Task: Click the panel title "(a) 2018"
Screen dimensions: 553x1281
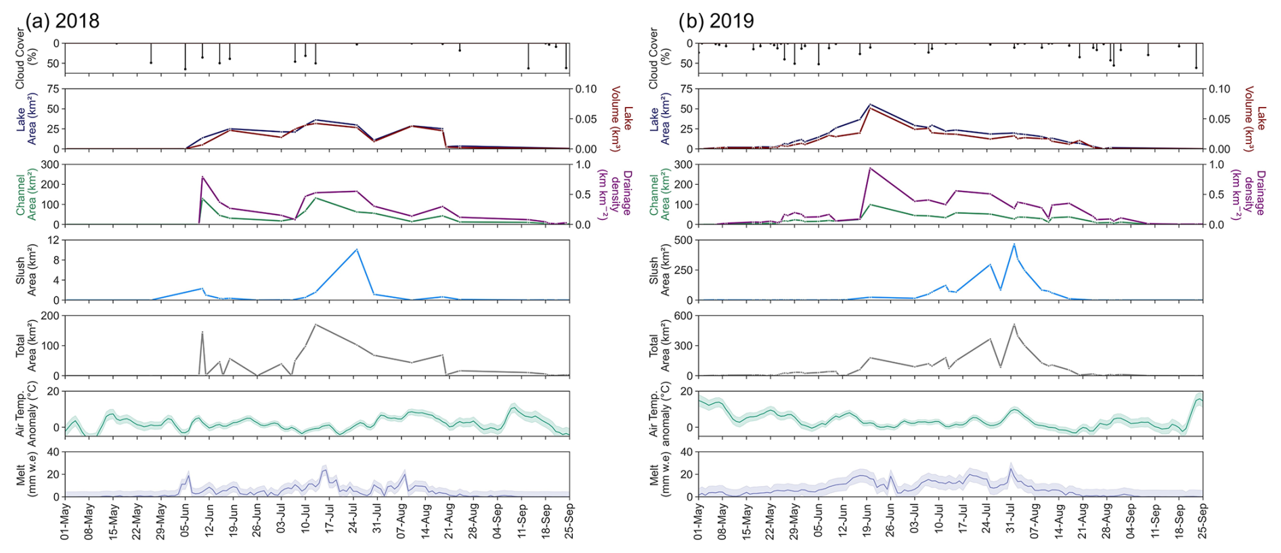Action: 62,21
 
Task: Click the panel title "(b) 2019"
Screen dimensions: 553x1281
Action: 716,21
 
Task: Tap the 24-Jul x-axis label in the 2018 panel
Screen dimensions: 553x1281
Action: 353,522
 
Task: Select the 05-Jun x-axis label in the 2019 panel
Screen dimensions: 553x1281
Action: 818,522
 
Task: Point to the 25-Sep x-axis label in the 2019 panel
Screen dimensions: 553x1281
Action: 1202,522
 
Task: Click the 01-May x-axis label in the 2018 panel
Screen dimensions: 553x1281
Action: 65,522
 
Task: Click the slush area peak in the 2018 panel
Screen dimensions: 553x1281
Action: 357,249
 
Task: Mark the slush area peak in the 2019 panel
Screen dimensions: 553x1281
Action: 1014,244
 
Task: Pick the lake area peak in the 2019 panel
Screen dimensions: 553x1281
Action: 870,104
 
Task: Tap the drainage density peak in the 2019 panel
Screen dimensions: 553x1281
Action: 870,168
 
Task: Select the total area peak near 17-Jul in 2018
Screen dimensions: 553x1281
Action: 316,324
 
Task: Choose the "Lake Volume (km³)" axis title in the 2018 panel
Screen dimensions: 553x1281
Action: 622,118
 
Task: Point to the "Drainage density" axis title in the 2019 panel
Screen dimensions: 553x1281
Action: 1249,194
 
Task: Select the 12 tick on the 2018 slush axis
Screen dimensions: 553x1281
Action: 53,240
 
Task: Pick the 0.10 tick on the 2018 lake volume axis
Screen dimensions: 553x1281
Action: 586,89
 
